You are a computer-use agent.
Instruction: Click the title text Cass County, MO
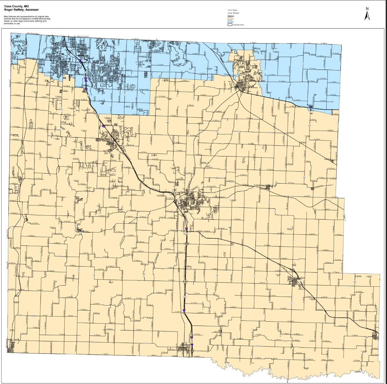click(16, 6)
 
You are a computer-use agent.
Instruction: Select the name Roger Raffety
click(15, 10)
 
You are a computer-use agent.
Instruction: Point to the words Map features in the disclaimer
click(10, 16)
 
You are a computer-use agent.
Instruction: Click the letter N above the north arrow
click(367, 9)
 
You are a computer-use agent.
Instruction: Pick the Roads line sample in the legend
click(230, 10)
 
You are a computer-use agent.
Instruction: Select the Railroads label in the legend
click(236, 13)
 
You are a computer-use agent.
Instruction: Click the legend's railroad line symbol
click(230, 13)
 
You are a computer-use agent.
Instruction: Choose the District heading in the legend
click(231, 16)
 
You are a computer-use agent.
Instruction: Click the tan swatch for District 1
click(230, 19)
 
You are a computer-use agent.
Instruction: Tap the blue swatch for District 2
click(230, 22)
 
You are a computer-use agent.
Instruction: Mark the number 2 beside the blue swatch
click(233, 22)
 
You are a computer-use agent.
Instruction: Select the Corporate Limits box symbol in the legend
click(230, 25)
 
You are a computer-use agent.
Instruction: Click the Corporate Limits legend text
click(238, 25)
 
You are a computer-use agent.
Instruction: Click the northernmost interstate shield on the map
click(81, 61)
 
